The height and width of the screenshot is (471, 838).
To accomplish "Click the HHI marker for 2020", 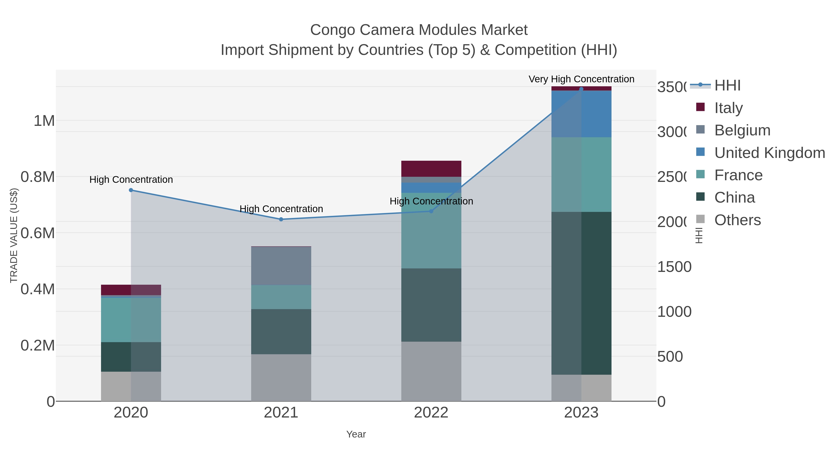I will coord(131,190).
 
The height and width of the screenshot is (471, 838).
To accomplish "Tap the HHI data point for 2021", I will coord(281,219).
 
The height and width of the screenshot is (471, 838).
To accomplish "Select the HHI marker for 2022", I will coord(431,211).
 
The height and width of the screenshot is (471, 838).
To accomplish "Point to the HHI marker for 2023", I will coord(581,89).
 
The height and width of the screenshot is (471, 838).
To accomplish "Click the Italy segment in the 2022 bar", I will coord(431,169).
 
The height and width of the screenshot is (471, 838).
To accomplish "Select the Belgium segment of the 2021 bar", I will coord(281,266).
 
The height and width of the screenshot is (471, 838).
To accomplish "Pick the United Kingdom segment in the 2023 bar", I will coord(581,114).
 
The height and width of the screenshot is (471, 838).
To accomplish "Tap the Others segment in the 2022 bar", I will coord(431,371).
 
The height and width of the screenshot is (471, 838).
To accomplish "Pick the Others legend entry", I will coord(737,220).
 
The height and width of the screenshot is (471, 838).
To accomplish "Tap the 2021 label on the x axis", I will coord(281,413).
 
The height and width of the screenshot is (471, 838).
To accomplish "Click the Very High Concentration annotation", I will coord(581,79).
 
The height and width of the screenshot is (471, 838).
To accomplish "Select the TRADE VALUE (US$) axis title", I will coord(14,235).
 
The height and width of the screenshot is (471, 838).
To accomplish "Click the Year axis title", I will coord(356,434).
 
